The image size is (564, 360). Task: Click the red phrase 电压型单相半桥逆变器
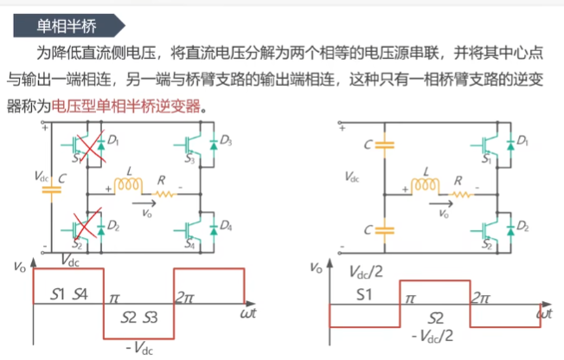pyautogui.click(x=129, y=109)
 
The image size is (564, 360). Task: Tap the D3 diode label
pyautogui.click(x=226, y=140)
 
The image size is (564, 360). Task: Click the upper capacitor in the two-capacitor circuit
pyautogui.click(x=384, y=144)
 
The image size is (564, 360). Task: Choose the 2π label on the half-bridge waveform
pyautogui.click(x=481, y=296)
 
